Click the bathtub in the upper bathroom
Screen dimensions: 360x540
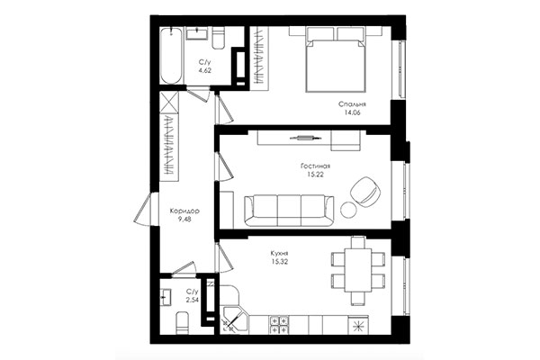tap(174, 55)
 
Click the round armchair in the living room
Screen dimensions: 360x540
tap(365, 190)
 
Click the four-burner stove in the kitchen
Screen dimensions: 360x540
tap(278, 322)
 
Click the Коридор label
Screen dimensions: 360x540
tap(184, 212)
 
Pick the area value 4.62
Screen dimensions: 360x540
tap(204, 69)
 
